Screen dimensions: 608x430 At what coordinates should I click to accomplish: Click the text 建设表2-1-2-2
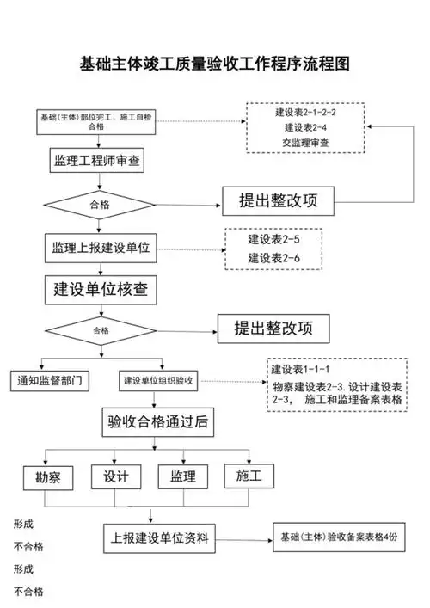(x=305, y=114)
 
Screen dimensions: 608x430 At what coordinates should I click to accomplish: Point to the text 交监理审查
(x=304, y=142)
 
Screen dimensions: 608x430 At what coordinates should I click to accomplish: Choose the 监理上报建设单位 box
(x=100, y=248)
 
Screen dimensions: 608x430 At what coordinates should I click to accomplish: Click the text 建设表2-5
(x=273, y=239)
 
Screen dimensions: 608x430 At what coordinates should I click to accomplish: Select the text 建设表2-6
(x=273, y=257)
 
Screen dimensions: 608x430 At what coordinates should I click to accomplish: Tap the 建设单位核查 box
(x=101, y=289)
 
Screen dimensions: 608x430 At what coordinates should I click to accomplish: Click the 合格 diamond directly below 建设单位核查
(x=101, y=329)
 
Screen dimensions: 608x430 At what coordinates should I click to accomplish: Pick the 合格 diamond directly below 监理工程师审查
(x=101, y=206)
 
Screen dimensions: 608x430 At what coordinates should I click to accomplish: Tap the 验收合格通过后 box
(x=155, y=422)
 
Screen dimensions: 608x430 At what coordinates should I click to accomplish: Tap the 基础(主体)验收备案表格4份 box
(x=340, y=536)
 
